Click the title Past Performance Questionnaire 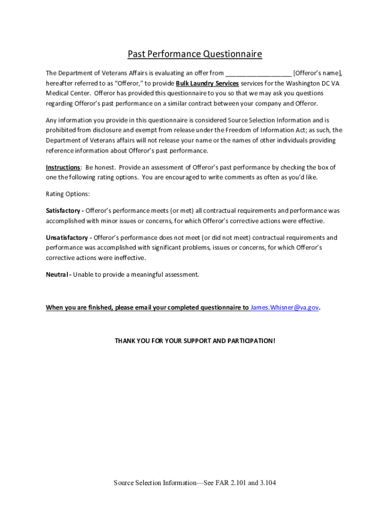point(194,54)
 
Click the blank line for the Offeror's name point(258,73)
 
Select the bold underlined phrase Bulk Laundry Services point(207,83)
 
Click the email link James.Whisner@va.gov point(285,308)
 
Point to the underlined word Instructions point(63,167)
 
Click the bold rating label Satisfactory point(63,210)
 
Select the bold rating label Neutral point(58,275)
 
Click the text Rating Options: point(67,194)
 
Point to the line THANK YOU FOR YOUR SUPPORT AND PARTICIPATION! point(195,341)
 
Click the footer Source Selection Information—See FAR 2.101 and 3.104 point(194,483)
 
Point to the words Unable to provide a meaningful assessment point(136,275)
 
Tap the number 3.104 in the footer point(266,483)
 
